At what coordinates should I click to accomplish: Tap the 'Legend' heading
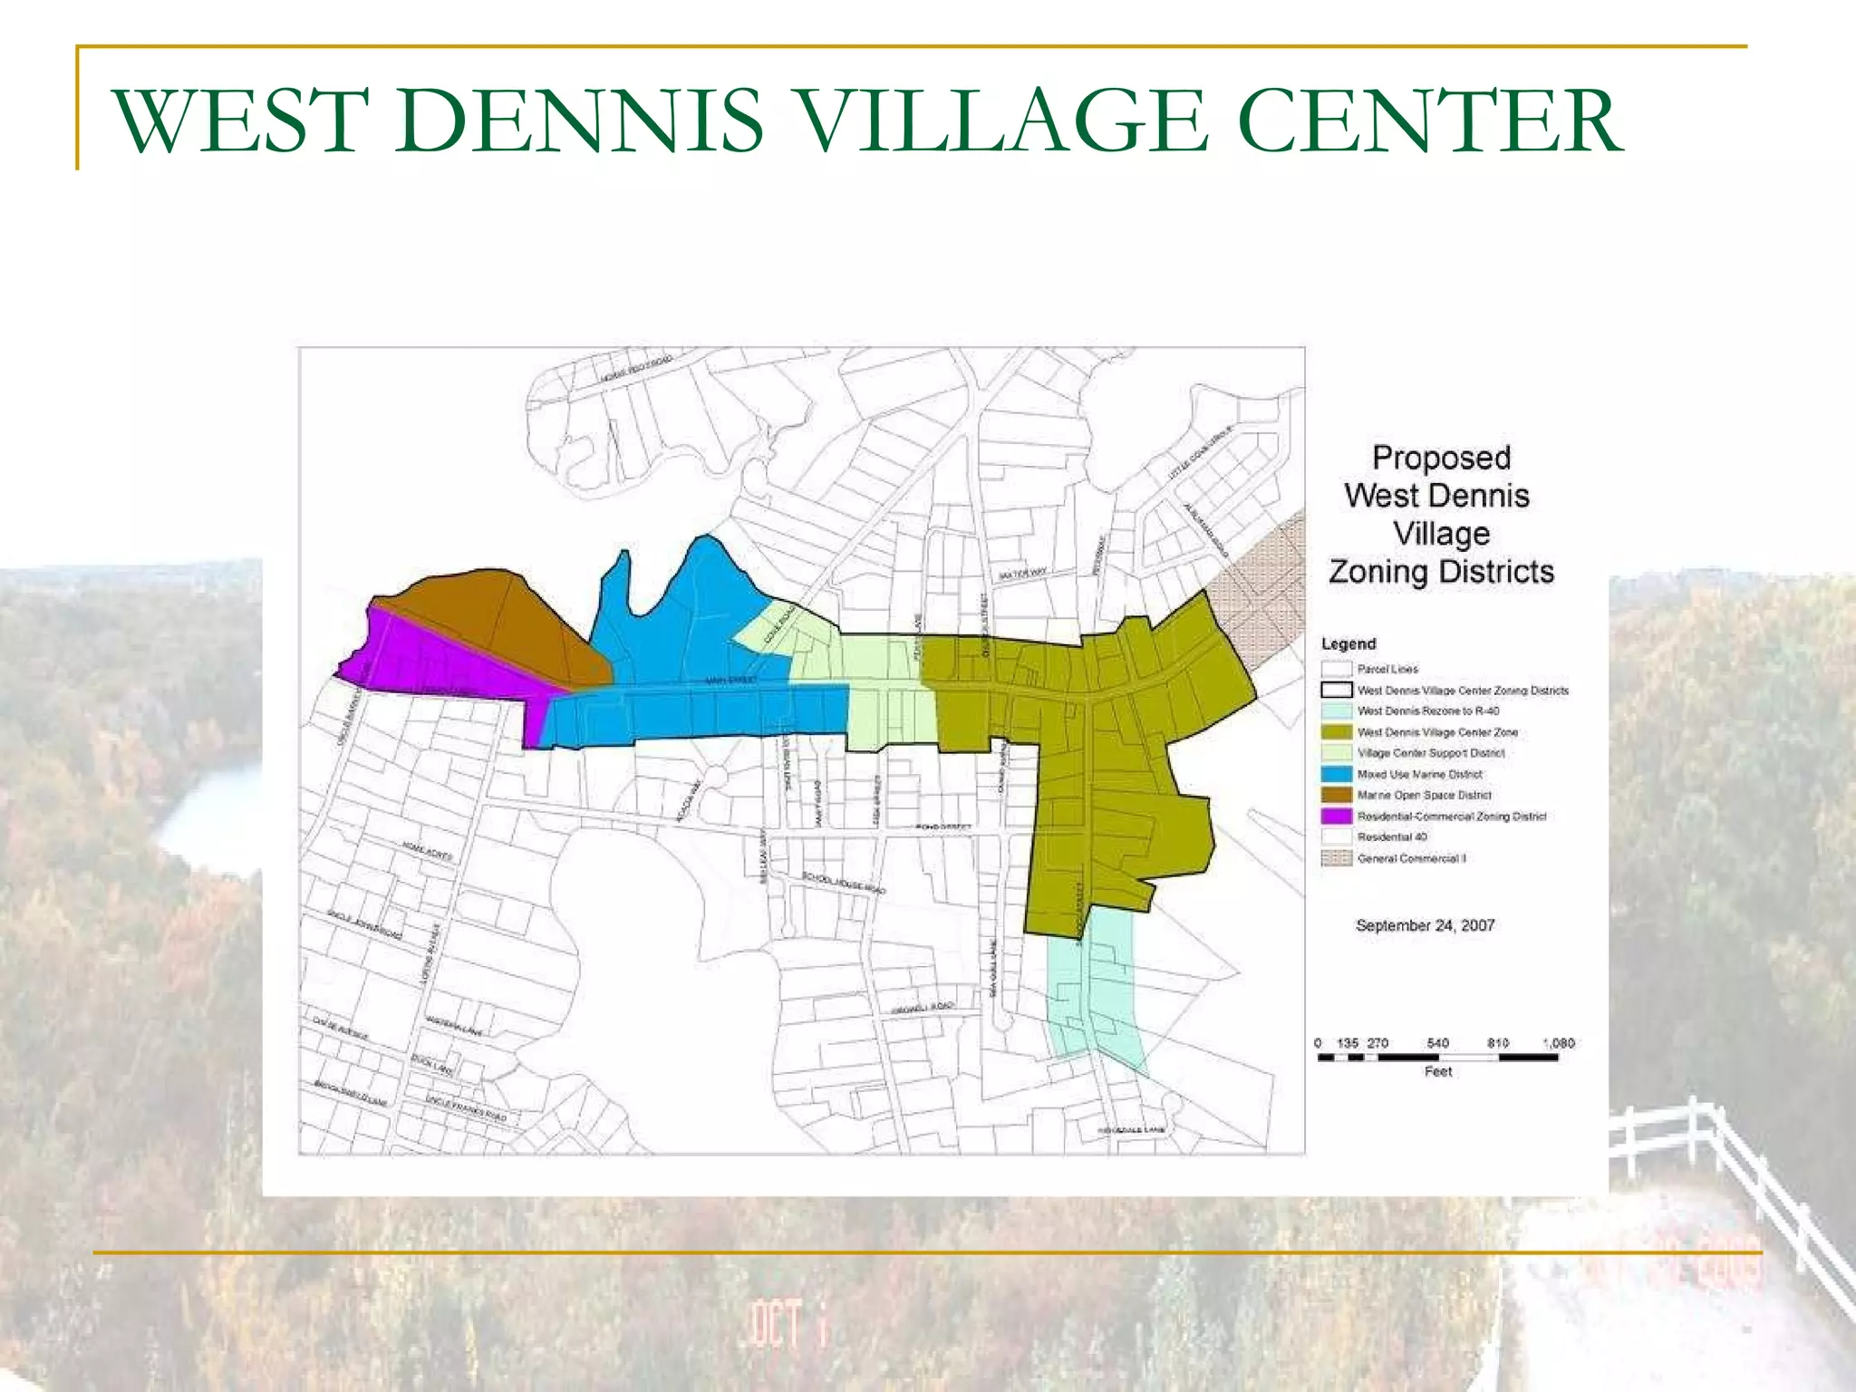click(x=1348, y=643)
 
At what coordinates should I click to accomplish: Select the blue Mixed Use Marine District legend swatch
click(x=1337, y=774)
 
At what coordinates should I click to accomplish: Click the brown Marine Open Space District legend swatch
click(x=1337, y=795)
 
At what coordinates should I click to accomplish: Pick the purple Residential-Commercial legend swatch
click(x=1337, y=816)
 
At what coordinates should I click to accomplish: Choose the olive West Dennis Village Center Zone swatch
click(x=1337, y=731)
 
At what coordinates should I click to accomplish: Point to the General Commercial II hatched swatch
click(x=1337, y=858)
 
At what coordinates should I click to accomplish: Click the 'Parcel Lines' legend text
click(x=1387, y=669)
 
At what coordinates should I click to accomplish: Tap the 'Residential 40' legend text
click(x=1391, y=836)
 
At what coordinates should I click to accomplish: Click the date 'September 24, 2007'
click(x=1425, y=925)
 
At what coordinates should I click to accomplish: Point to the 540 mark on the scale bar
click(x=1437, y=1044)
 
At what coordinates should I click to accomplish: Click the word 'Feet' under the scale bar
click(x=1437, y=1072)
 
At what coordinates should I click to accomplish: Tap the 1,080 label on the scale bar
click(x=1559, y=1044)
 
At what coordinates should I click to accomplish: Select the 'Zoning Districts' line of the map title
click(x=1441, y=572)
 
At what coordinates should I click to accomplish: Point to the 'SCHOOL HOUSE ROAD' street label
click(x=844, y=884)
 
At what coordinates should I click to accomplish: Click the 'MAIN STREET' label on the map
click(x=730, y=680)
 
